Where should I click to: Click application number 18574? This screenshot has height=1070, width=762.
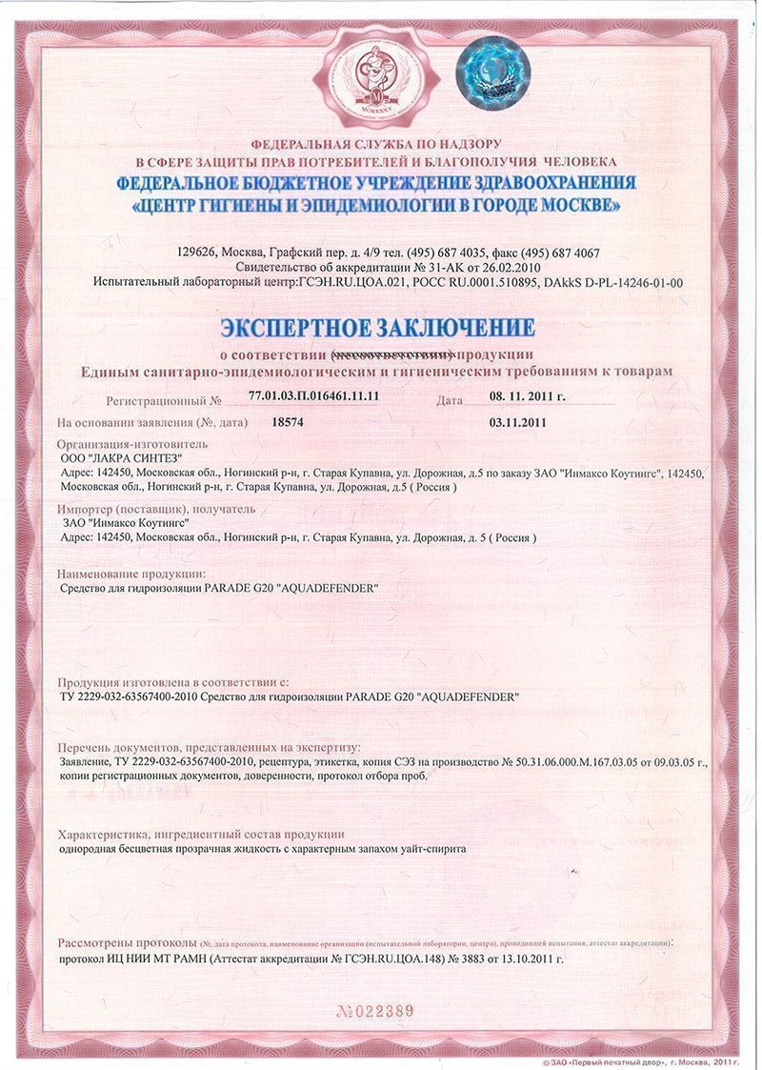(x=288, y=420)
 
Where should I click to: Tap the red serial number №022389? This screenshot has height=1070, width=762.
(x=376, y=1011)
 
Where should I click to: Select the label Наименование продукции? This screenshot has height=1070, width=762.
(x=131, y=574)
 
